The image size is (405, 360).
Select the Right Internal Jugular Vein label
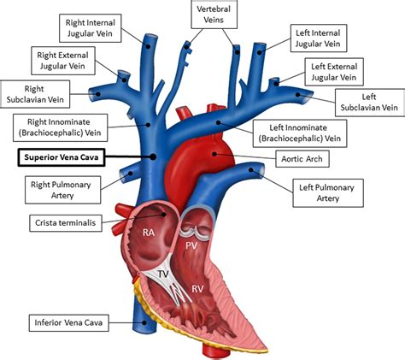pyautogui.click(x=86, y=27)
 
